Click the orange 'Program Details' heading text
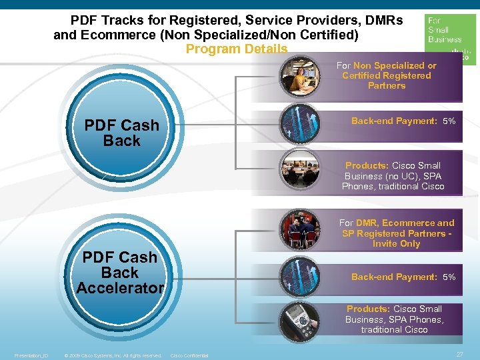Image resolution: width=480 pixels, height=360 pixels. click(x=237, y=49)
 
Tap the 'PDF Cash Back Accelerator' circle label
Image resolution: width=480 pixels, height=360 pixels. click(x=120, y=273)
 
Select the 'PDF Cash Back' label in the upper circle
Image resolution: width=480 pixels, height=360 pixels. click(x=122, y=133)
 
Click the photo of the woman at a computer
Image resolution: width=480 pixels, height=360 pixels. click(x=299, y=76)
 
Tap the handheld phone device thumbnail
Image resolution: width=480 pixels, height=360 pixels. click(x=300, y=321)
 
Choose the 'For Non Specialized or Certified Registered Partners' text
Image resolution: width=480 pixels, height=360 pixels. click(x=387, y=75)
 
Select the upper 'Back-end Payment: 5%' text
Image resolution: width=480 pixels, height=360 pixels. click(x=403, y=121)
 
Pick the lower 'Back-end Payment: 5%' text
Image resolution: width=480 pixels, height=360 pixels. click(x=403, y=277)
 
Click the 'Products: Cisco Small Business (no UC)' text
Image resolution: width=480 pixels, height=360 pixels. click(x=393, y=176)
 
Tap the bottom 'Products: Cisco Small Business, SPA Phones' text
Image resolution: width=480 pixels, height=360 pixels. click(x=394, y=319)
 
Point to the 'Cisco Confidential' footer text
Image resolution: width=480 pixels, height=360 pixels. click(x=190, y=355)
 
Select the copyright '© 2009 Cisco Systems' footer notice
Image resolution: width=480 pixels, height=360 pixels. click(x=113, y=355)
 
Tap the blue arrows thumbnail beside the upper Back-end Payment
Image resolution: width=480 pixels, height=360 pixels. click(x=299, y=122)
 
